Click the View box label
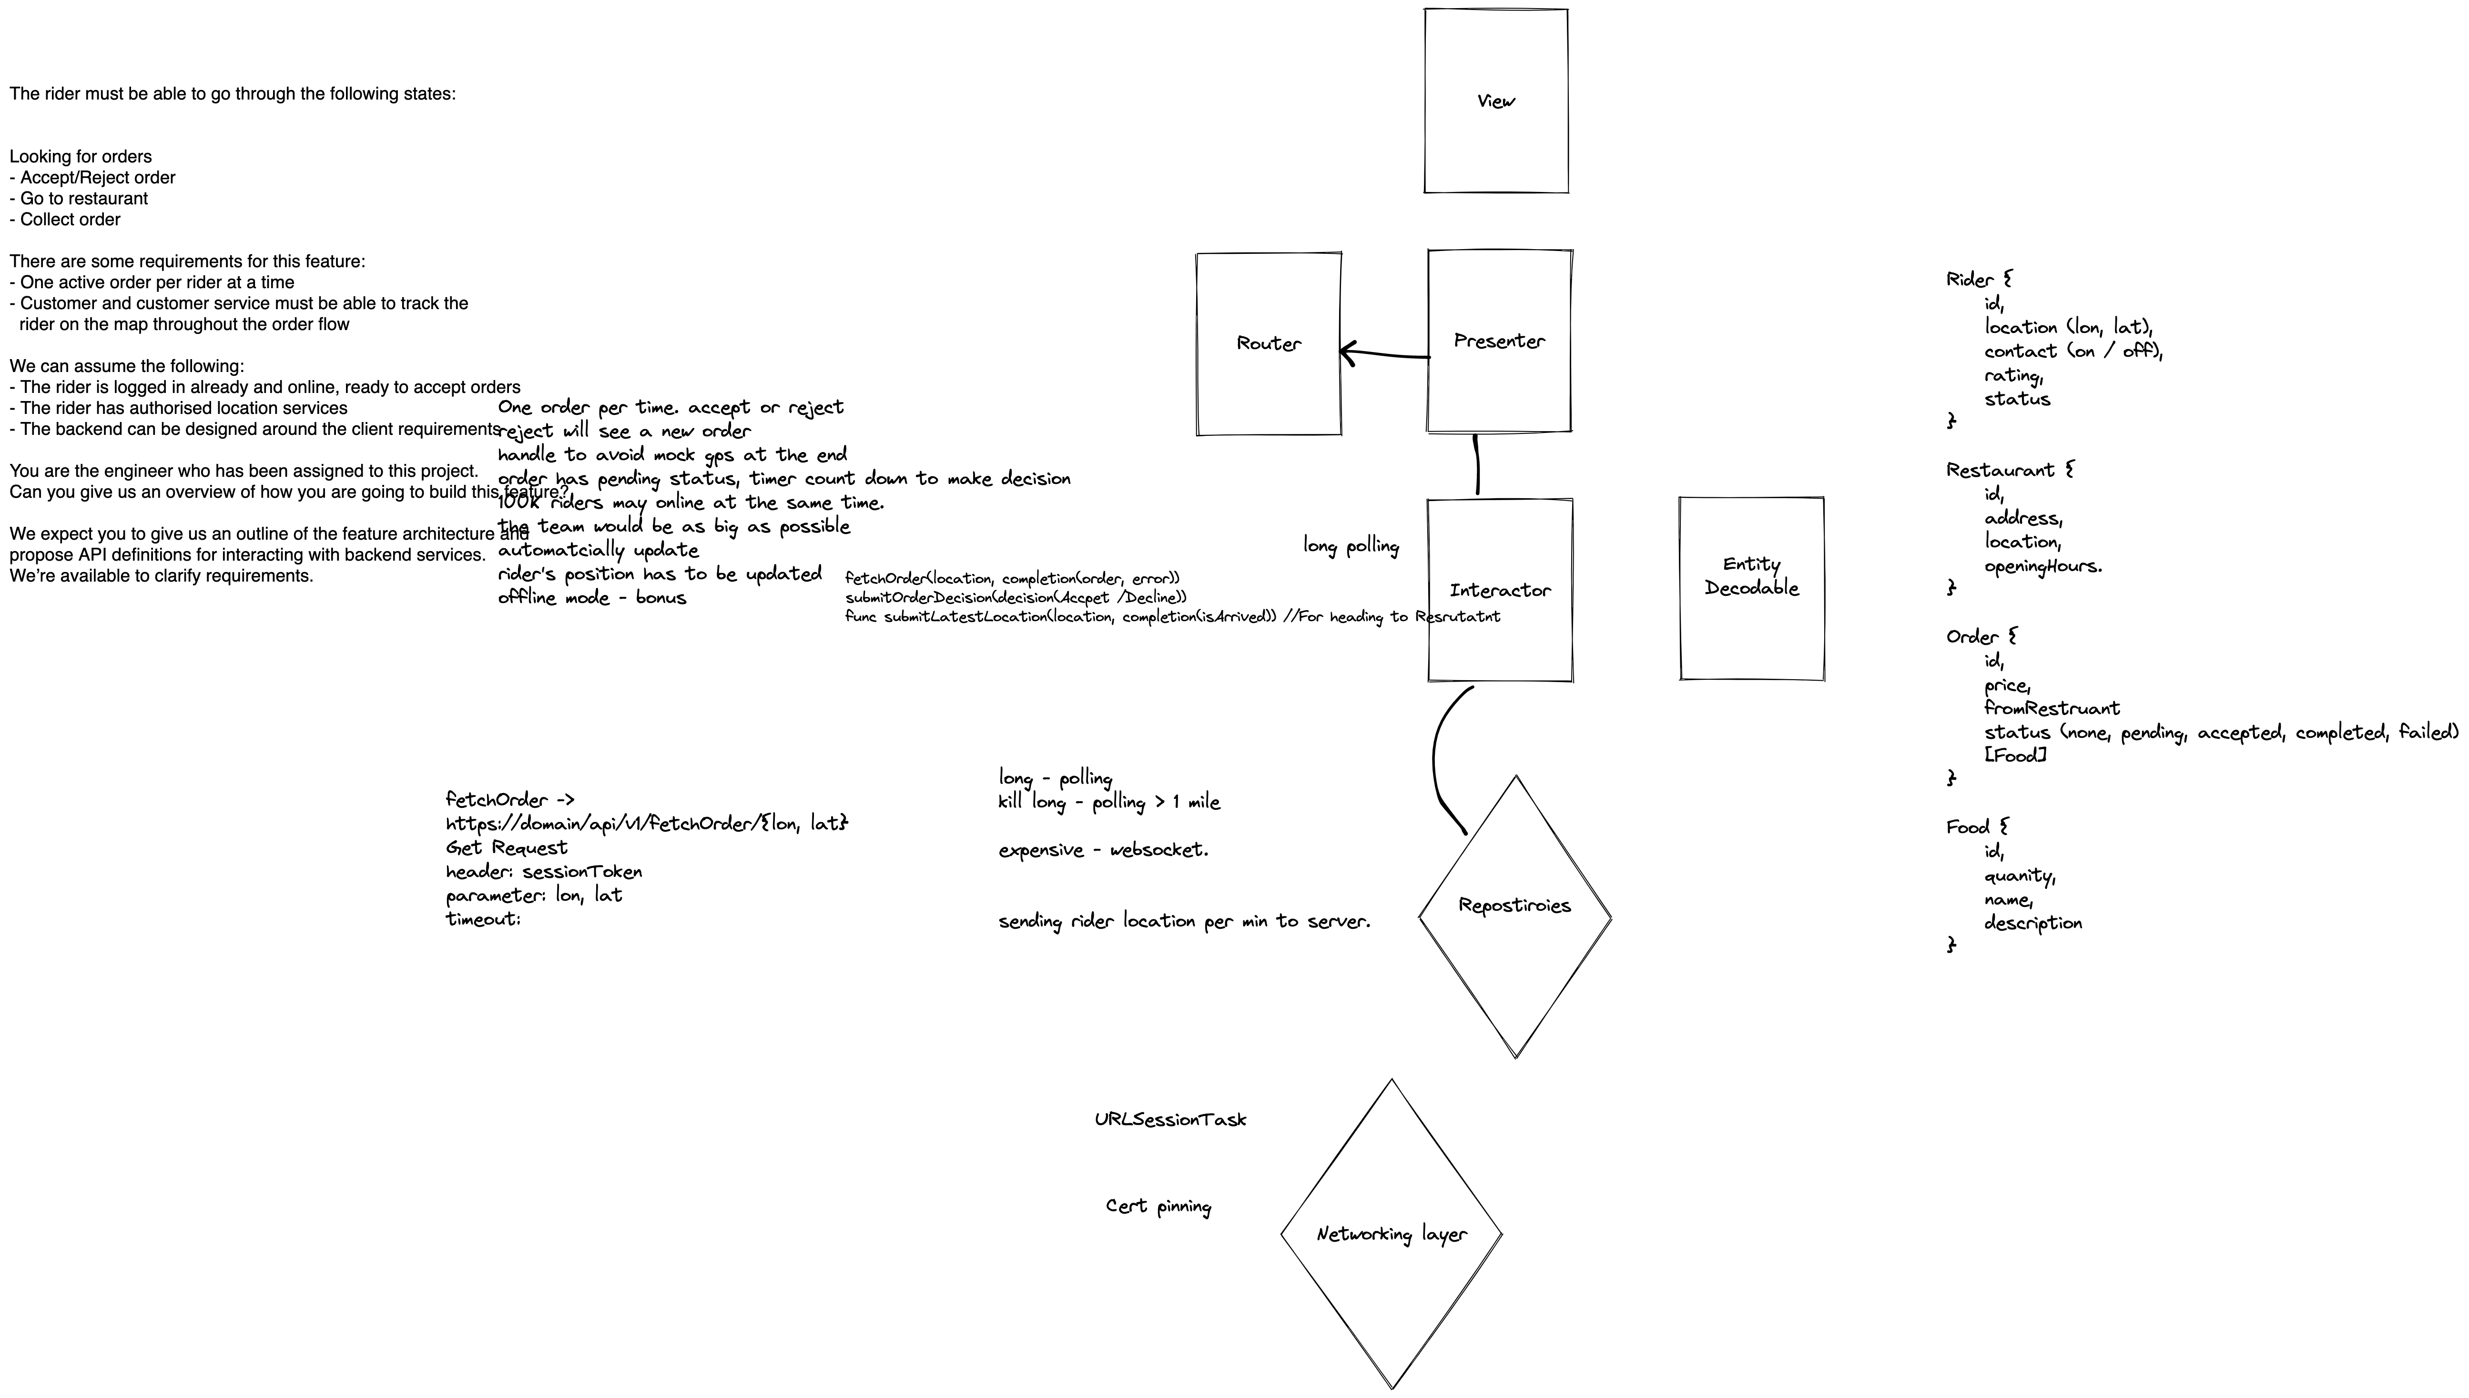pos(1495,101)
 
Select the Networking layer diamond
pos(1391,1234)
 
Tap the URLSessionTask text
pos(1169,1119)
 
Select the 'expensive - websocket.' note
pos(1102,850)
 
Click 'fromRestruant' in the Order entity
pos(2051,709)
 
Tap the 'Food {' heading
pos(1976,827)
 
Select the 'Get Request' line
pos(506,848)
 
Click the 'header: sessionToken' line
pos(544,872)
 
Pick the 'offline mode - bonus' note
pos(591,597)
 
